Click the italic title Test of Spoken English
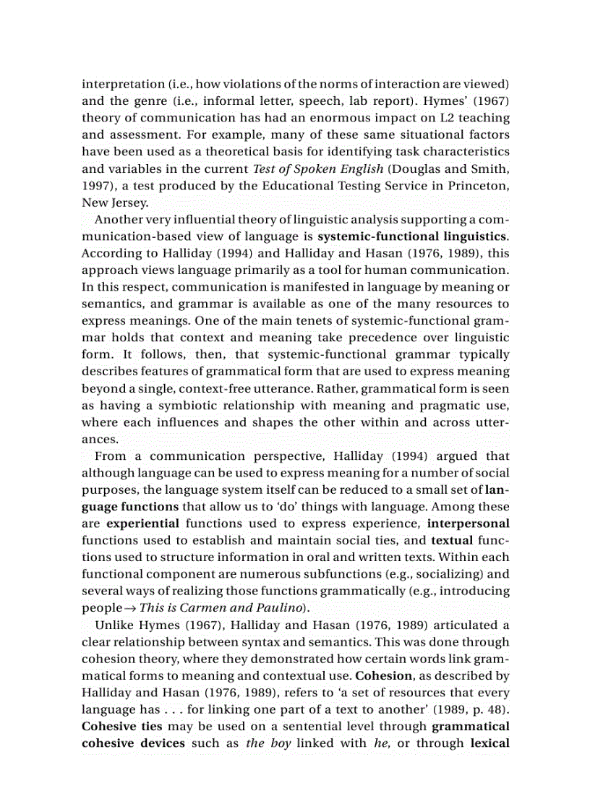(x=309, y=168)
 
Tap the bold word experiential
(x=142, y=523)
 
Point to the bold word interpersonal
(x=469, y=523)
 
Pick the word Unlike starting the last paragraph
(x=114, y=625)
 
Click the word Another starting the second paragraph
(x=119, y=219)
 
